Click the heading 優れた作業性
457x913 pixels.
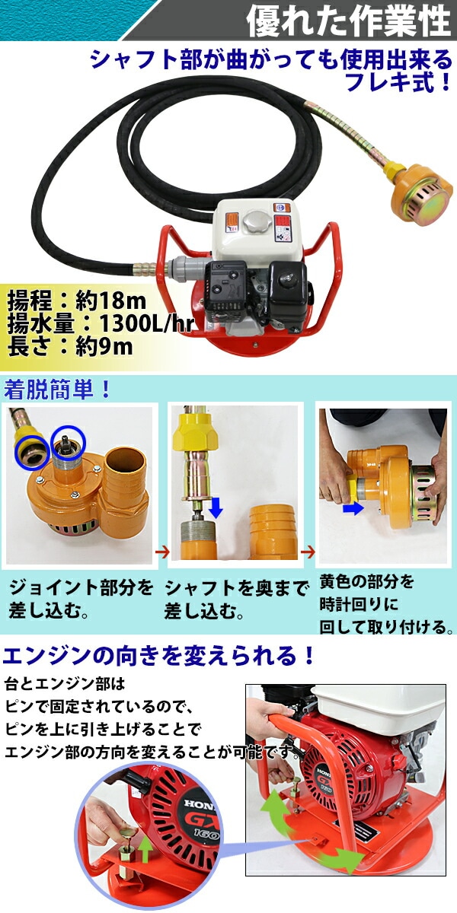[349, 20]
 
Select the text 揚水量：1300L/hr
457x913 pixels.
[100, 323]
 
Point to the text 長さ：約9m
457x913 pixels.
[70, 347]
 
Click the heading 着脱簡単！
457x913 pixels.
[58, 390]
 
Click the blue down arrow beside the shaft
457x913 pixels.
[216, 506]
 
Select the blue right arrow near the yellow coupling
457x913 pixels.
[353, 508]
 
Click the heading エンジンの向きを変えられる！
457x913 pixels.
[159, 655]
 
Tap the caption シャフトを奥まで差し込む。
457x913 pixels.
[236, 600]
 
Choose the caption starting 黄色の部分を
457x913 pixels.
[386, 604]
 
